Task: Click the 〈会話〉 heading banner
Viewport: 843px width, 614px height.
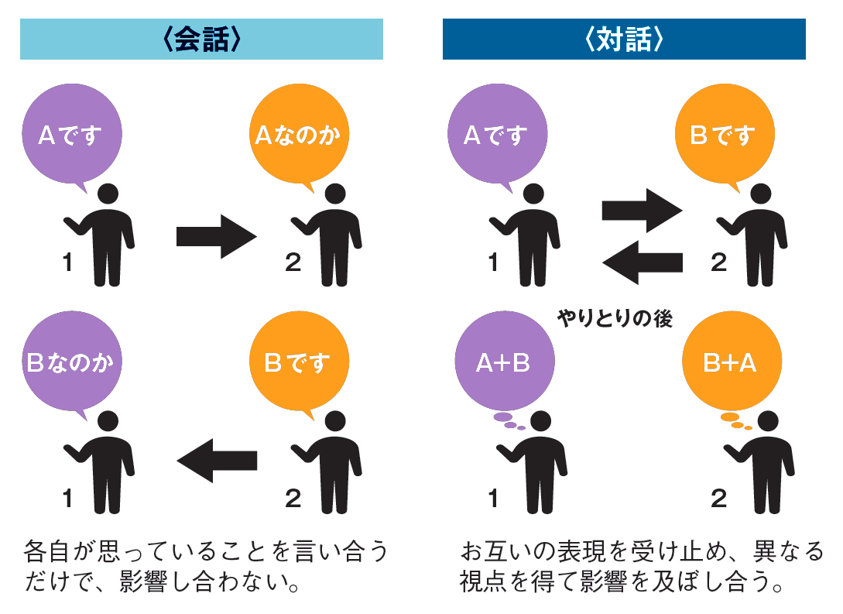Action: point(201,39)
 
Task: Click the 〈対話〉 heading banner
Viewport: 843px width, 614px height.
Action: point(624,39)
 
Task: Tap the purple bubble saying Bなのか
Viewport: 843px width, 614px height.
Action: point(70,363)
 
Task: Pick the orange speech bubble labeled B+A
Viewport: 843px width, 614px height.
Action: point(730,363)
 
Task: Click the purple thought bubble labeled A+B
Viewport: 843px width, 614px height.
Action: point(503,363)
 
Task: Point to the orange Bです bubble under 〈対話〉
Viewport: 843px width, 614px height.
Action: point(722,136)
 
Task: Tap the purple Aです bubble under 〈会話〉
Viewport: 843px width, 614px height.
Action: point(70,136)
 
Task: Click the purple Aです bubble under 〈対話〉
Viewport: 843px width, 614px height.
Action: point(495,136)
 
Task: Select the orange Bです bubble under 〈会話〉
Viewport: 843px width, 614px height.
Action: point(297,363)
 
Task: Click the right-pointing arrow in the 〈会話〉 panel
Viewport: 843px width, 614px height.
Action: point(216,237)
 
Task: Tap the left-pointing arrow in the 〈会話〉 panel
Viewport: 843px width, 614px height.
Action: point(216,460)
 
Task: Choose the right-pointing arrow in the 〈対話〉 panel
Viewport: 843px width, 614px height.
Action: point(642,209)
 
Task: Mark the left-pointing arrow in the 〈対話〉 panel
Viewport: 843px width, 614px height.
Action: point(642,263)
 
